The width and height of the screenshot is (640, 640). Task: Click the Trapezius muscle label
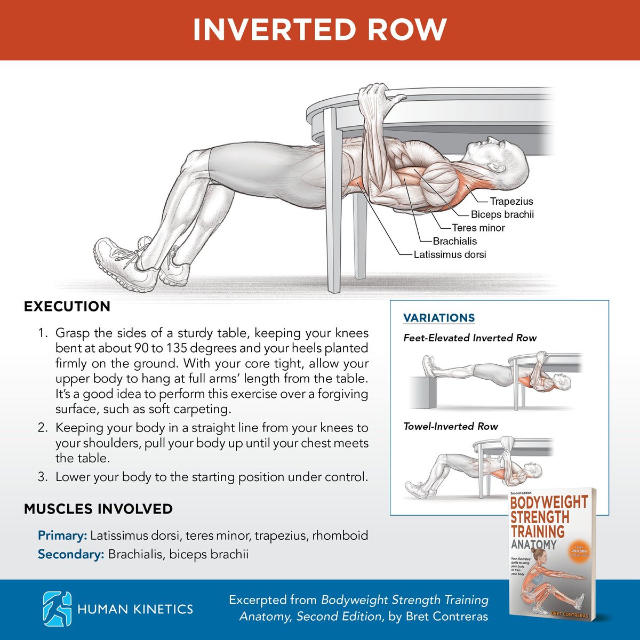(511, 201)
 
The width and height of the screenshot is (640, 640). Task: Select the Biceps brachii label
(502, 214)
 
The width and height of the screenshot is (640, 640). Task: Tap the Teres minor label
(478, 228)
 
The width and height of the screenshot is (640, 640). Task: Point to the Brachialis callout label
(455, 241)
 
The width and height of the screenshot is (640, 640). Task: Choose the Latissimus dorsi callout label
(450, 254)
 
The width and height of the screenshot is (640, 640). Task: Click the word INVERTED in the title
(274, 30)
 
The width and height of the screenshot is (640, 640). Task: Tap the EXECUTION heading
(67, 306)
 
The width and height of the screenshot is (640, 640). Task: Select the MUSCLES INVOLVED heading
(98, 508)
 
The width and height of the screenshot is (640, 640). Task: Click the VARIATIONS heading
(439, 318)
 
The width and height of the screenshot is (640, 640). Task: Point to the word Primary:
(62, 535)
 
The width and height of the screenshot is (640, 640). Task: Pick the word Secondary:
(71, 554)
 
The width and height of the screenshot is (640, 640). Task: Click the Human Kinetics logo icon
(57, 609)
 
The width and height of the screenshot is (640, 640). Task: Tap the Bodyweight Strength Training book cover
(551, 555)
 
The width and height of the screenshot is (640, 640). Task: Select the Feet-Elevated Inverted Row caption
(470, 338)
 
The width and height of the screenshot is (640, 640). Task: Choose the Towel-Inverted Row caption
(450, 426)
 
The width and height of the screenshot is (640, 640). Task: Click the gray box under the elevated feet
(423, 393)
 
